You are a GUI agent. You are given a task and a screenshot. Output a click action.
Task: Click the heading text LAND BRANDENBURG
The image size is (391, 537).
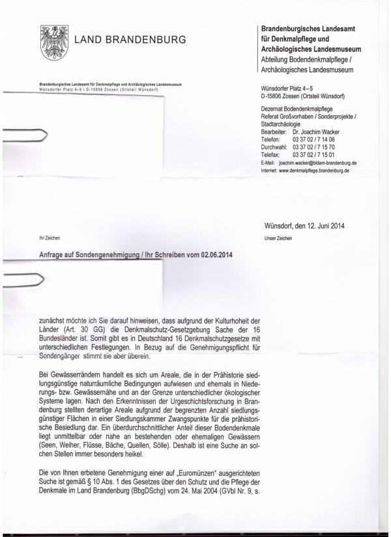[130, 40]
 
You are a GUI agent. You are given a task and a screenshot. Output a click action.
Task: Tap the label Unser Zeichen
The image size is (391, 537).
[278, 239]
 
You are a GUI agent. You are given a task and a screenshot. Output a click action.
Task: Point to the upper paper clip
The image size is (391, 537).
[26, 136]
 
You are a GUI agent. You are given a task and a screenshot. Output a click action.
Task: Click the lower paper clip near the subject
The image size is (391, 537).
[26, 281]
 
